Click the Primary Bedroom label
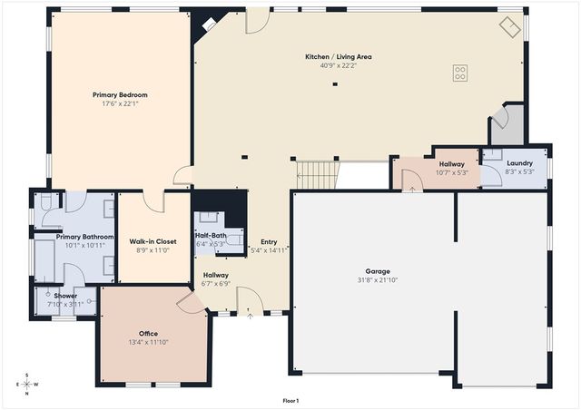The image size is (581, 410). point(120,94)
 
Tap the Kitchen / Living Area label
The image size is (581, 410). point(339,56)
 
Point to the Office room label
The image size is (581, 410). point(149,334)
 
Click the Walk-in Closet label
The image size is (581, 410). point(153,241)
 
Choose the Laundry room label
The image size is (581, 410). point(519,163)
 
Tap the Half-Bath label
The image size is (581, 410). point(210,235)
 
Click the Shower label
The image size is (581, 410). point(65,296)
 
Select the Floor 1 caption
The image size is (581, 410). point(290,400)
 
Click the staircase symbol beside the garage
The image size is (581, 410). point(317,175)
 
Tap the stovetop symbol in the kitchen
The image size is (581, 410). point(460,73)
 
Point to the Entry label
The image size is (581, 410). point(269,241)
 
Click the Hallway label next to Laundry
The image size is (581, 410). point(451,163)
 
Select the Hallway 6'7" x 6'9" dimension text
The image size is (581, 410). point(216,283)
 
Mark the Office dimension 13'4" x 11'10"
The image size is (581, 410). point(148,342)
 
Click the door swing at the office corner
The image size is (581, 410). point(192,303)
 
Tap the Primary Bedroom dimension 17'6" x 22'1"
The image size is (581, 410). point(120,102)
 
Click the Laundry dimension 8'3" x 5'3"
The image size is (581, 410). point(519,171)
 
